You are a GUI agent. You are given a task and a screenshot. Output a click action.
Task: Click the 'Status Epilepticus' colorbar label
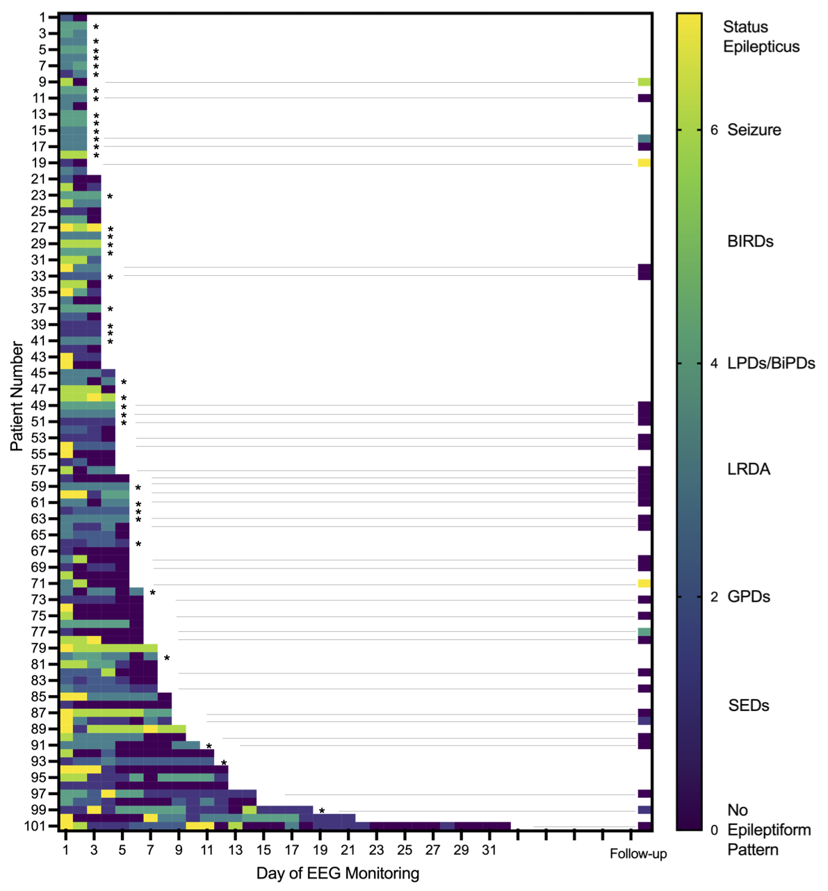point(761,37)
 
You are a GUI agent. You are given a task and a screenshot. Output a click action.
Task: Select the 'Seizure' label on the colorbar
point(754,130)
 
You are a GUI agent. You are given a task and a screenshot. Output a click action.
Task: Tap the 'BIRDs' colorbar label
point(750,242)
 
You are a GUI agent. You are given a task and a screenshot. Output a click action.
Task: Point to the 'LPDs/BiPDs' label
point(771,363)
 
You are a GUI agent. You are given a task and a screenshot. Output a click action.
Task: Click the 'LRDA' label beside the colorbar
point(749,470)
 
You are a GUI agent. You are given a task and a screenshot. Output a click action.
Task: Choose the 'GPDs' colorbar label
point(748,597)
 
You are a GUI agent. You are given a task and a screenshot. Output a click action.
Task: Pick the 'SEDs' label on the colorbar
point(749,706)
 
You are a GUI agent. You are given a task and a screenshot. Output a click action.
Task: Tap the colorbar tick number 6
point(714,130)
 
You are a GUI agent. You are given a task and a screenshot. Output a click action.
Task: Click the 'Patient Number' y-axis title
point(17,396)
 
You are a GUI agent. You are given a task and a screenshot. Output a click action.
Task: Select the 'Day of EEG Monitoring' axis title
point(337,874)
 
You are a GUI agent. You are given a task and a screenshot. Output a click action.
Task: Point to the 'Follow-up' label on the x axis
point(638,854)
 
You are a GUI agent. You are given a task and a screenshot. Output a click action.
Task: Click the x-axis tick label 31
point(489,850)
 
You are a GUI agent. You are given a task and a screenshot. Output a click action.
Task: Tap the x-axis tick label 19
point(319,850)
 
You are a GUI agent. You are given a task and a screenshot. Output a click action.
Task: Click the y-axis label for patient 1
point(43,17)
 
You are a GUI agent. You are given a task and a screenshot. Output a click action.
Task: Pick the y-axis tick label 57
point(39,471)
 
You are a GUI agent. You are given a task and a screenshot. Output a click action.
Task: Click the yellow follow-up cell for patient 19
point(644,163)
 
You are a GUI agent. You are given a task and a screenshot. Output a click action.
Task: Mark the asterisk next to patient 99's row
point(322,811)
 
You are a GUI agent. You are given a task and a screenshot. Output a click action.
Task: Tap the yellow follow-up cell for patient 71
point(644,584)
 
